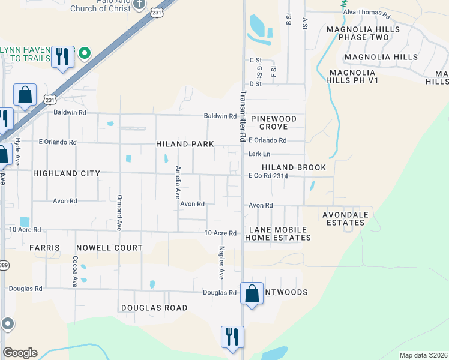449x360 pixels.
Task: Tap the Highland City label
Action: point(66,173)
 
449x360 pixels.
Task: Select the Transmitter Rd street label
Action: point(243,116)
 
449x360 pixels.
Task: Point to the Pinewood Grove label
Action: point(274,123)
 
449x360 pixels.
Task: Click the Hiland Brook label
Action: point(294,167)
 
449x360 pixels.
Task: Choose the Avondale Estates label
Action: point(343,218)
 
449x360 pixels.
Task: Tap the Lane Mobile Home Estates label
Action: point(278,234)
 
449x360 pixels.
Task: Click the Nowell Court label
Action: point(109,248)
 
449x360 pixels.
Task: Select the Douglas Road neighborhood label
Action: point(154,308)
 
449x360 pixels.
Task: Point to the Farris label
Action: point(44,248)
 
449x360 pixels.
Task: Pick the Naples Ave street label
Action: point(221,263)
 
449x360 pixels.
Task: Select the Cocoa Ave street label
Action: point(76,272)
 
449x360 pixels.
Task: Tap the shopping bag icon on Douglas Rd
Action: point(252,294)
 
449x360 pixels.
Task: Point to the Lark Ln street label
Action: point(256,154)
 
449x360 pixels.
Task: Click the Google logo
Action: point(20,353)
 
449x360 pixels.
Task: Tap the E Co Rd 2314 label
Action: point(268,176)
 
